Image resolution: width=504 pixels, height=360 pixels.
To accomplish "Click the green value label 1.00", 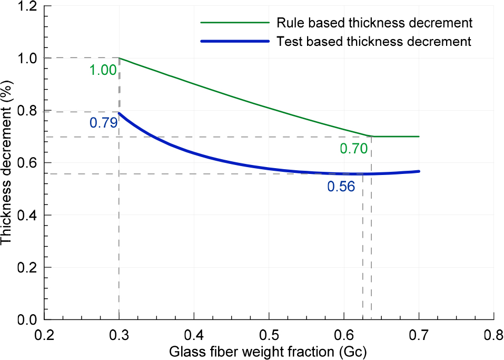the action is pos(103,70).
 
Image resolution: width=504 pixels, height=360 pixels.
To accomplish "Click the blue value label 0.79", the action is pos(103,123).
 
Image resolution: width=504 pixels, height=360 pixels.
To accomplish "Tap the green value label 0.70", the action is pos(353,149).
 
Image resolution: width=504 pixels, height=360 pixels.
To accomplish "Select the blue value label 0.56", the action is pos(341,187).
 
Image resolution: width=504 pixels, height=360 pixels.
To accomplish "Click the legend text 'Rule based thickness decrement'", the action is pos(374,23).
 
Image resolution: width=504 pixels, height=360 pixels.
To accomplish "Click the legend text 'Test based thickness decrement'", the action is pos(374,42).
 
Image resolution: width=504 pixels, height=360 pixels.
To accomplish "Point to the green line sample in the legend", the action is pos(235,23).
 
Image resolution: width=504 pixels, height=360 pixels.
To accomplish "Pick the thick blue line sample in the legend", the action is pos(235,41).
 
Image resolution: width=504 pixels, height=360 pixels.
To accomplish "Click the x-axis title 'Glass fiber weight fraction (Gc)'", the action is pos(268,352).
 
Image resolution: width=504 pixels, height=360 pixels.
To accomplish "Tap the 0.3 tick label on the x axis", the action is pos(119,336).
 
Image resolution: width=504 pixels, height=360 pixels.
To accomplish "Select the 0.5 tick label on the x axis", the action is pos(269,336).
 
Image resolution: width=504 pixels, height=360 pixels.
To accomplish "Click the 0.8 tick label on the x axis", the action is pos(493,336).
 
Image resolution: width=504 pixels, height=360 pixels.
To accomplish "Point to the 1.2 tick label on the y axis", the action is pos(27,7).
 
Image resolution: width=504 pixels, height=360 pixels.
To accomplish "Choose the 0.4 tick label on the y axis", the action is pos(27,215).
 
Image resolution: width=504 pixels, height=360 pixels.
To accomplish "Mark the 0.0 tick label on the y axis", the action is pos(27,319).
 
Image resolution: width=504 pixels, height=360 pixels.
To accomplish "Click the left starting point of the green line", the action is pos(119,58).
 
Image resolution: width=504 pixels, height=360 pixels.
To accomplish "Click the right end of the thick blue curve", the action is pos(419,171).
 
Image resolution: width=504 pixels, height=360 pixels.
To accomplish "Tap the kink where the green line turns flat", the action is pos(373,137).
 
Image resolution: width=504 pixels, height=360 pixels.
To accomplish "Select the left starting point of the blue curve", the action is pos(119,113).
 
